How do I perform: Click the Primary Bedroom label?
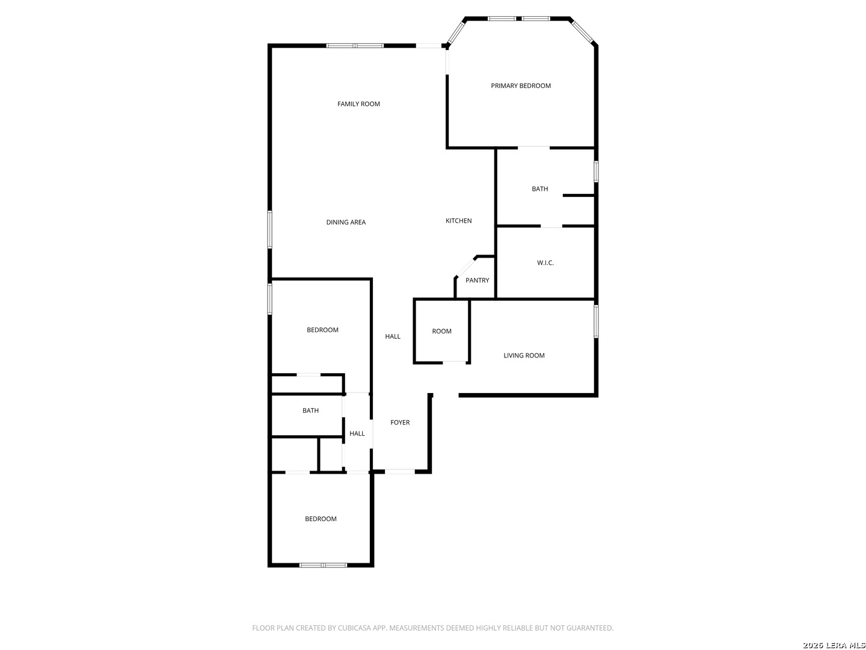520,85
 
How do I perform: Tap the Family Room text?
358,104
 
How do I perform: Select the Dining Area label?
346,222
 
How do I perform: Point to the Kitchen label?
458,221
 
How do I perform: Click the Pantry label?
477,280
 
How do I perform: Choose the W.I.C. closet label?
545,263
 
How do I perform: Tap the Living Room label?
524,356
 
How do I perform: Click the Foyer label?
400,422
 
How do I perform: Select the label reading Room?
441,332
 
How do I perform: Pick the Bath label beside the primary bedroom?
539,189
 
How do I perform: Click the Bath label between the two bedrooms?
310,411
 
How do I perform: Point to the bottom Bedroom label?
321,519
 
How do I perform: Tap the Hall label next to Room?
393,336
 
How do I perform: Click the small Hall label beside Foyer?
357,434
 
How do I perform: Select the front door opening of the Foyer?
399,471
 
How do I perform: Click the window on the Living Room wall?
596,321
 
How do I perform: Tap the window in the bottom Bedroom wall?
323,565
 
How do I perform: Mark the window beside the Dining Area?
269,230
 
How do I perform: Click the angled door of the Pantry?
465,267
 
